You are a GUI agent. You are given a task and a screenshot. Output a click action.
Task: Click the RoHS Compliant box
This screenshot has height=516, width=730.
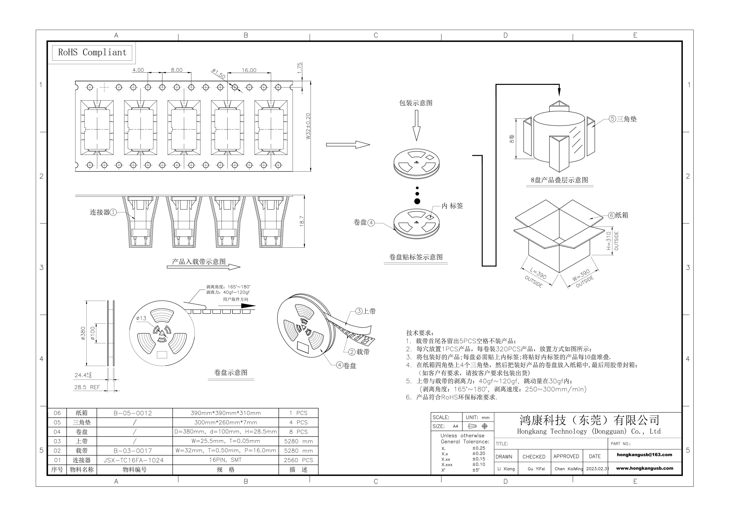pyautogui.click(x=92, y=53)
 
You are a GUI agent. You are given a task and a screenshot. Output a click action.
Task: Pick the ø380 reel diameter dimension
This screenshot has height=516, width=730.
pyautogui.click(x=83, y=333)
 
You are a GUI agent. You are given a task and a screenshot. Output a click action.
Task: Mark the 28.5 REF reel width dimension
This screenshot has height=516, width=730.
pyautogui.click(x=87, y=387)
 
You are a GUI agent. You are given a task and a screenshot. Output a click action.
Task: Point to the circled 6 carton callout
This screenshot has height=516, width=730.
pyautogui.click(x=611, y=215)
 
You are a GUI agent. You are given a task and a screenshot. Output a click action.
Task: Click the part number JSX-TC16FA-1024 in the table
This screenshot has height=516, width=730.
pyautogui.click(x=134, y=460)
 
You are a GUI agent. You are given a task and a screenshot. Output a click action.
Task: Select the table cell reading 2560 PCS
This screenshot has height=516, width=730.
pyautogui.click(x=298, y=460)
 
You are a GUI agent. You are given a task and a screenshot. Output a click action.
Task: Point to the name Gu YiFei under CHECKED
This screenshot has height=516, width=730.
pyautogui.click(x=536, y=469)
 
